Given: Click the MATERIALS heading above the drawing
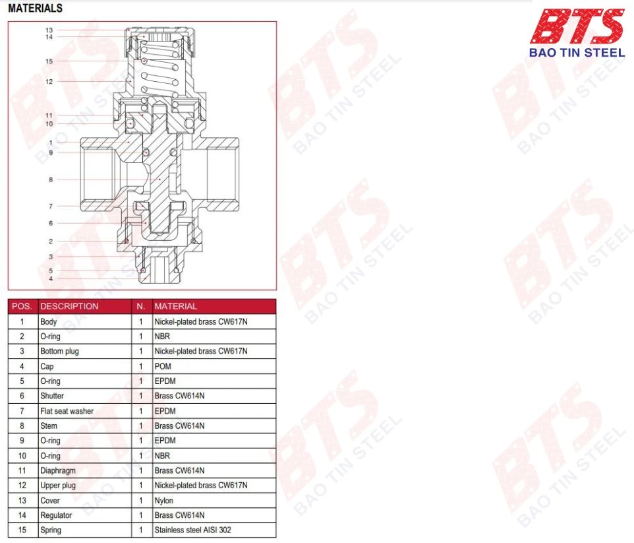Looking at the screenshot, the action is [x=35, y=8].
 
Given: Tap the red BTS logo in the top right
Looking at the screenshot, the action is [x=577, y=26].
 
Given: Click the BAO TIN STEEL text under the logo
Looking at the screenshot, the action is [x=577, y=53].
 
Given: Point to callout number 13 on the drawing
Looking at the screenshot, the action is [x=49, y=30].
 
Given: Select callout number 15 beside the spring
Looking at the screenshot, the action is [x=49, y=61].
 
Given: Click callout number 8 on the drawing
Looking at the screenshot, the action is [x=51, y=179].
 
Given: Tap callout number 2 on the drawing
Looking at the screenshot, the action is [x=51, y=241].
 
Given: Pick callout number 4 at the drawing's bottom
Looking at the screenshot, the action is [x=51, y=278].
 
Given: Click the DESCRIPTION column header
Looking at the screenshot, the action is [x=69, y=306].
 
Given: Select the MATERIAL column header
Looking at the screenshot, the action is [x=175, y=306].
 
